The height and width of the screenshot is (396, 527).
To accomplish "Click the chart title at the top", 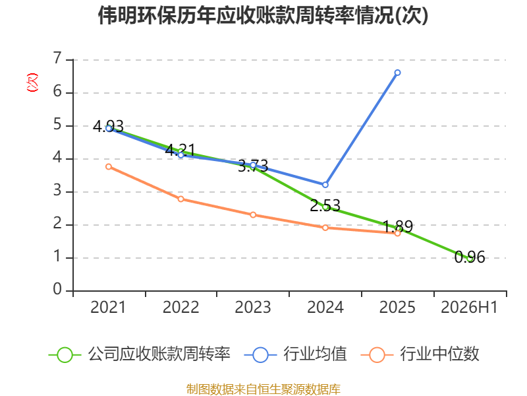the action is [x=263, y=15].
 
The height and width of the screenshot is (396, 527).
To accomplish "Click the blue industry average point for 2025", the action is [x=397, y=73].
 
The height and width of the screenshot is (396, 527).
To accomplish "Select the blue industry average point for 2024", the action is [x=325, y=185].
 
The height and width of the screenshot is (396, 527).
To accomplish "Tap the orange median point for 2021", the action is [x=109, y=167].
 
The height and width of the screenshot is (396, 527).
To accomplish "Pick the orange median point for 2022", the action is [x=180, y=199].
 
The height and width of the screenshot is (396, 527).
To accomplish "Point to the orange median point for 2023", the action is [x=253, y=215].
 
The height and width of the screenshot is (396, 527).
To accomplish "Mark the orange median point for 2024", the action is [x=325, y=228].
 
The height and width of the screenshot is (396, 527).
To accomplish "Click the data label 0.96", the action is [x=470, y=257].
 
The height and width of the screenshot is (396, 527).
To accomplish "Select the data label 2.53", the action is [x=325, y=205].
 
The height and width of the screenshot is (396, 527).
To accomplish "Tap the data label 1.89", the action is [x=398, y=226].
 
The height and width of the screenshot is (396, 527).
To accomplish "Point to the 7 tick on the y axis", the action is [x=57, y=59].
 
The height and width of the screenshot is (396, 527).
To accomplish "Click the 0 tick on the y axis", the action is [x=57, y=290].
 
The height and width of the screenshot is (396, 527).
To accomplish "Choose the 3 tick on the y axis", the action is [x=57, y=191].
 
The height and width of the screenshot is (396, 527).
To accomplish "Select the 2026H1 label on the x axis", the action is [x=469, y=307].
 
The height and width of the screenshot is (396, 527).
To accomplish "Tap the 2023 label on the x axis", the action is [x=253, y=307].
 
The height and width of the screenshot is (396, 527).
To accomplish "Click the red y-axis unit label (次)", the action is [x=32, y=82].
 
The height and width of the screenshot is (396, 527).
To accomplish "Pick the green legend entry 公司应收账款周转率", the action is [x=140, y=354].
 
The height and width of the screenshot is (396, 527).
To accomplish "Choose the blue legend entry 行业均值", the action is [x=295, y=354].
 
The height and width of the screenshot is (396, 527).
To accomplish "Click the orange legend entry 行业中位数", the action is [x=420, y=354].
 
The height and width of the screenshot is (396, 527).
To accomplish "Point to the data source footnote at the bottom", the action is [x=263, y=389].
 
